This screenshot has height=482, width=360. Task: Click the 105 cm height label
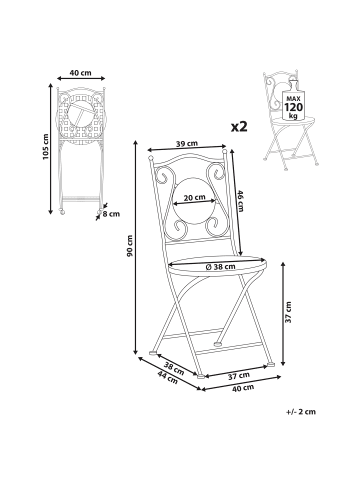pyautogui.click(x=46, y=146)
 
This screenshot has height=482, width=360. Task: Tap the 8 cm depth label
pyautogui.click(x=111, y=214)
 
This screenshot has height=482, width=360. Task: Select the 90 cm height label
pyautogui.click(x=130, y=246)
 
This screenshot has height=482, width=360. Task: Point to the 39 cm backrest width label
pyautogui.click(x=187, y=144)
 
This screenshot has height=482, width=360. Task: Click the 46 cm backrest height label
pyautogui.click(x=241, y=201)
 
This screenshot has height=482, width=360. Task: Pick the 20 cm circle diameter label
pyautogui.click(x=195, y=197)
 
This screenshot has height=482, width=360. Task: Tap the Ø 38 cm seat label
pyautogui.click(x=220, y=266)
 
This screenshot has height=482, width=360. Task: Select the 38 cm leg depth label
pyautogui.click(x=174, y=369)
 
